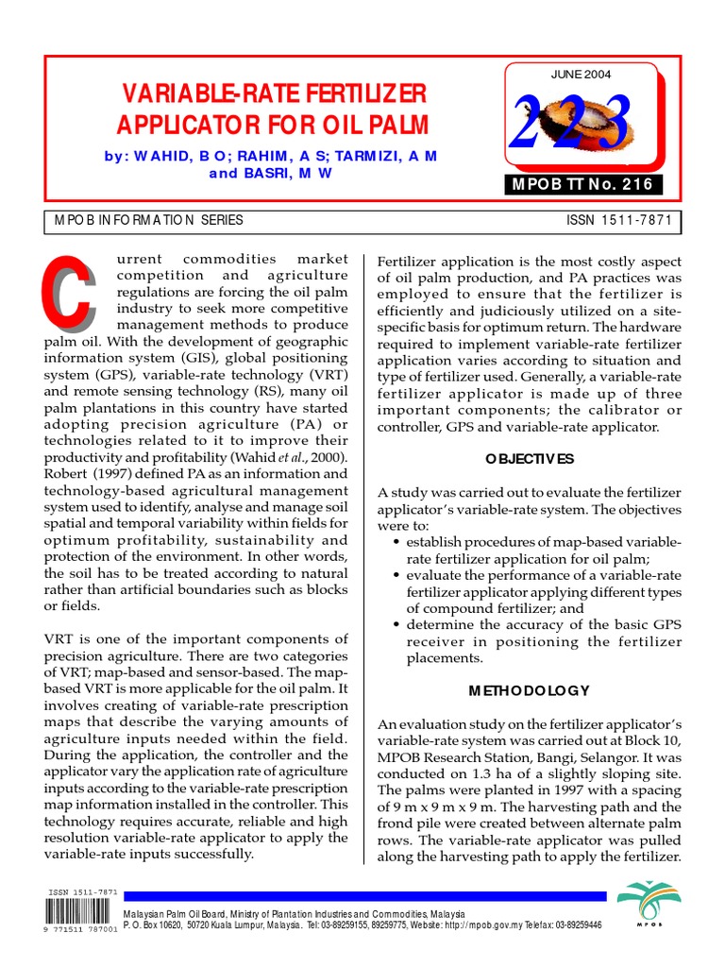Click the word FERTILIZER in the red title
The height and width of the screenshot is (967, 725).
366,93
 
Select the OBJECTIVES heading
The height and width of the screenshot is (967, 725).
530,459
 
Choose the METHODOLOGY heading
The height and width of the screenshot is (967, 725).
529,690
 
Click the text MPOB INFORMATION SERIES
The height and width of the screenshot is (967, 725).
149,220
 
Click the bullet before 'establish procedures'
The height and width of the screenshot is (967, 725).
396,542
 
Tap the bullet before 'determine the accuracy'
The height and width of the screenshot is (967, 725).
396,624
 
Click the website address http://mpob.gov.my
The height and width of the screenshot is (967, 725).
495,926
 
